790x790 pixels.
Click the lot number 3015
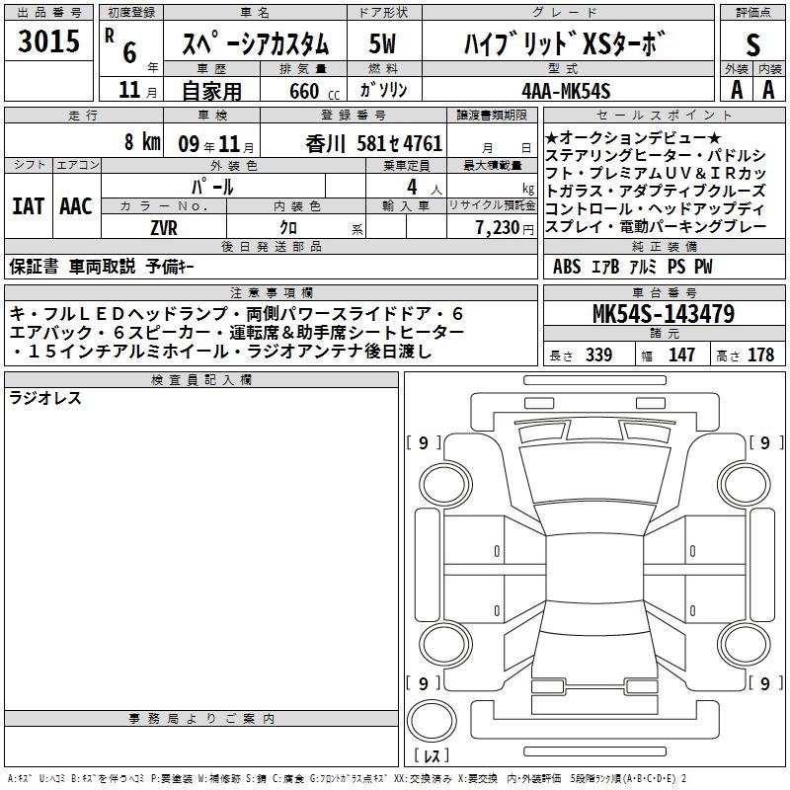click(48, 40)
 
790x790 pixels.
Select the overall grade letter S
click(752, 44)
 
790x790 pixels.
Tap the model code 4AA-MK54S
click(566, 91)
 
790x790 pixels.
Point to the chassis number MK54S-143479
click(664, 314)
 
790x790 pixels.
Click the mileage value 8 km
click(142, 141)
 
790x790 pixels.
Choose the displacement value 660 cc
click(314, 92)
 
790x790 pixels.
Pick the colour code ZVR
click(164, 228)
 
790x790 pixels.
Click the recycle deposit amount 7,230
click(498, 228)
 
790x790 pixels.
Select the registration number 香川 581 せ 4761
click(374, 144)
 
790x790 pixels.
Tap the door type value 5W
click(382, 43)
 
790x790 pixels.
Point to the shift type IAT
click(29, 206)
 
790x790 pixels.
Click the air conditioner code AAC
click(76, 206)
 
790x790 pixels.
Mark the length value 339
click(598, 355)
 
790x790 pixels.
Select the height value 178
click(760, 355)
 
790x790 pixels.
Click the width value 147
click(681, 355)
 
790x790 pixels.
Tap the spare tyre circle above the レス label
click(432, 721)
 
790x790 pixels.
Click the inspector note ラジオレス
click(45, 398)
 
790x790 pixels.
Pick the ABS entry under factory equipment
click(567, 267)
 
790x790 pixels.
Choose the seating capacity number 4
click(412, 187)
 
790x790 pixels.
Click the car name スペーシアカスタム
click(255, 44)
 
